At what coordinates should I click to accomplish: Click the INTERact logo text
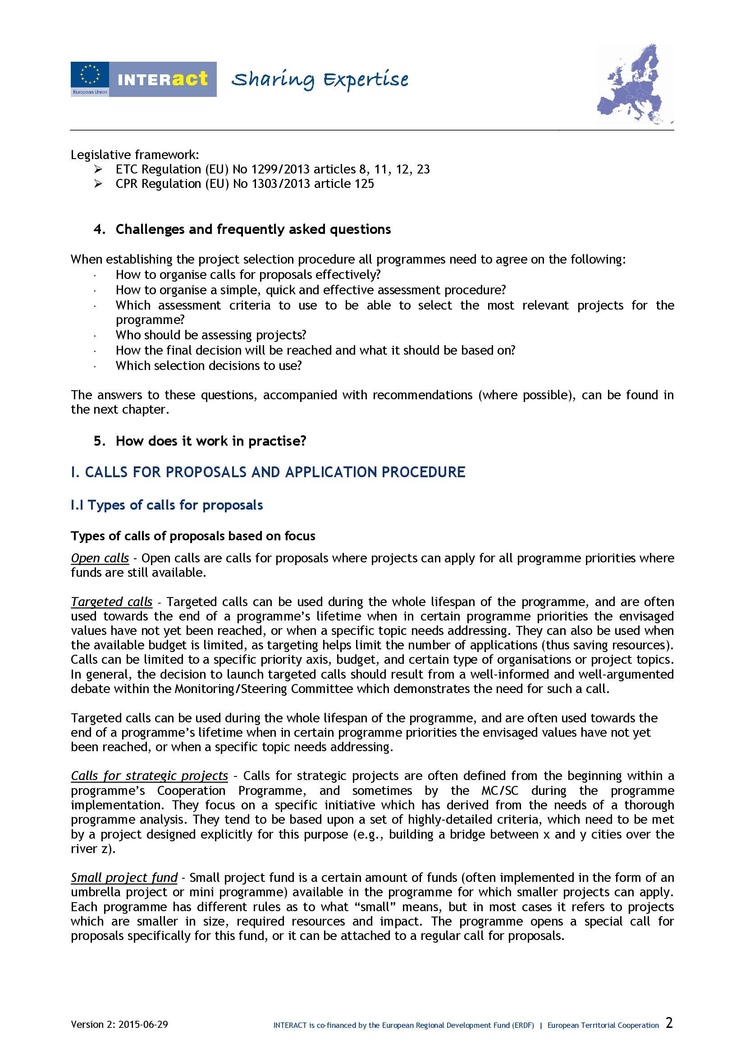point(163,79)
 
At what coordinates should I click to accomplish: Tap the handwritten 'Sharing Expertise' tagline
point(320,80)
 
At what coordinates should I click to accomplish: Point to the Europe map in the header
point(635,84)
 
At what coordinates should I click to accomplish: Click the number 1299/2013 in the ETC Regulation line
point(280,169)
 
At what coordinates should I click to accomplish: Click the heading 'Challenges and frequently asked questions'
point(253,229)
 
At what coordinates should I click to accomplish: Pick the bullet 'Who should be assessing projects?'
point(210,335)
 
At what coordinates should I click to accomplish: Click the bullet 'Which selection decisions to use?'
point(208,366)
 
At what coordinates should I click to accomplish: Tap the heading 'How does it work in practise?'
point(210,441)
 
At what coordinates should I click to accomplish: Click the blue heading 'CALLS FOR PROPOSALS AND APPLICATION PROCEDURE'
point(268,472)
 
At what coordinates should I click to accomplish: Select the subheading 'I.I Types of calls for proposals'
point(167,505)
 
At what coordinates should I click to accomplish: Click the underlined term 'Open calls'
point(100,558)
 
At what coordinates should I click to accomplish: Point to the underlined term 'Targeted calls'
point(111,602)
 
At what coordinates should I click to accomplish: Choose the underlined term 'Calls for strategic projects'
point(149,776)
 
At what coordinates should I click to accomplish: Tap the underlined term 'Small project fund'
point(124,878)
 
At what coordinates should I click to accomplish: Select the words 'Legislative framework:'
point(135,155)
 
